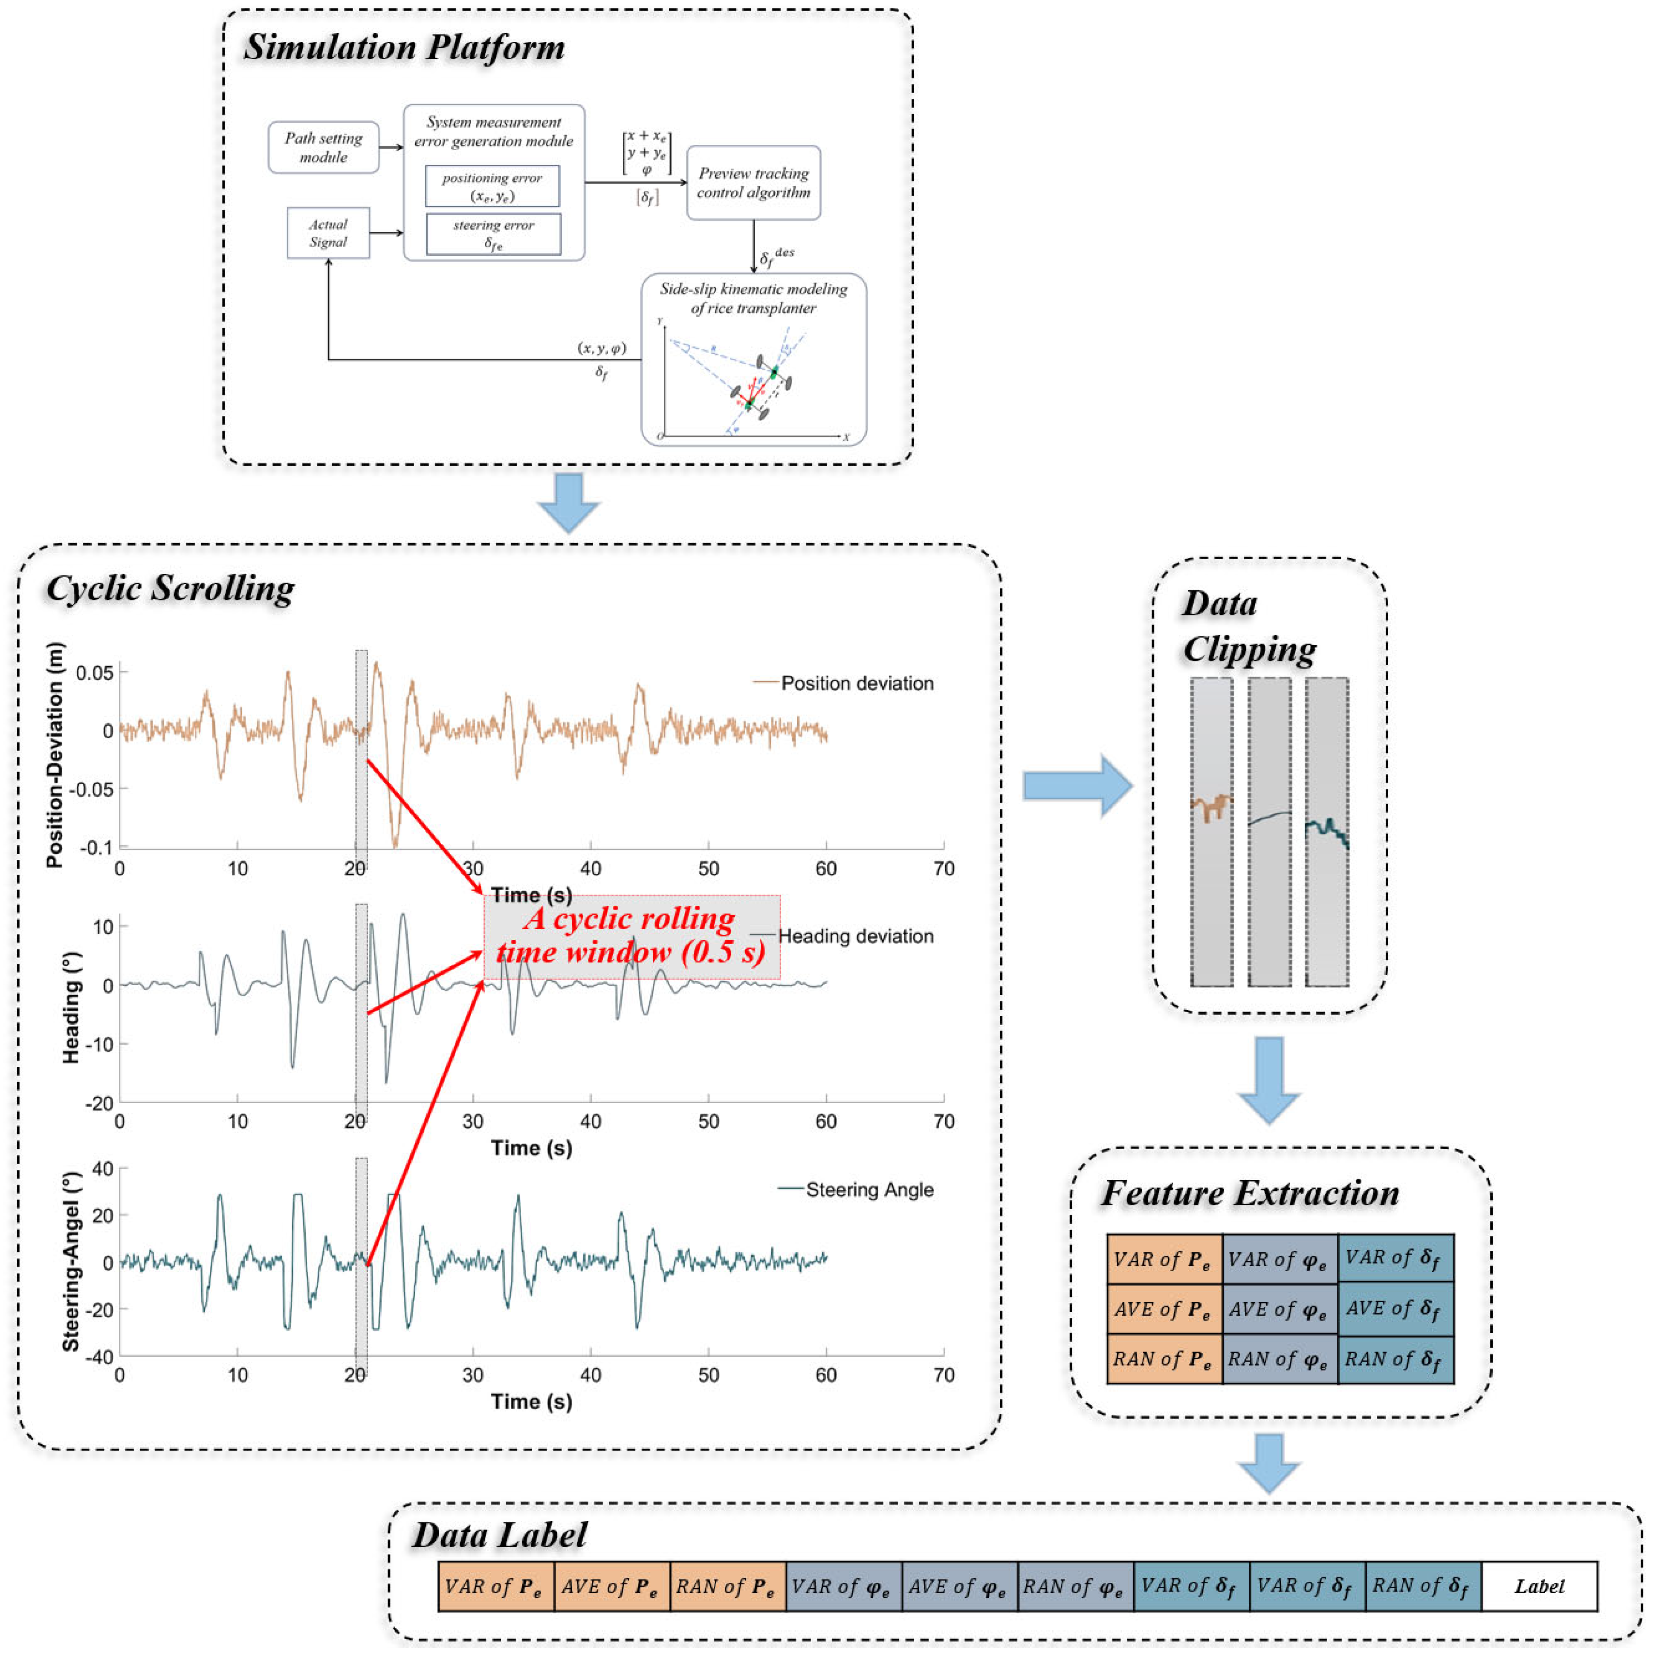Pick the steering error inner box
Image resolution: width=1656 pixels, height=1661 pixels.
[x=493, y=234]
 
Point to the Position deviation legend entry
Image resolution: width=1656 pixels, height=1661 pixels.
[x=856, y=684]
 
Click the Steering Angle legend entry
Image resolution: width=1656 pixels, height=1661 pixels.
[x=869, y=1190]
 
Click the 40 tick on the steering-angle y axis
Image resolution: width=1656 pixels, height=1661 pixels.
[x=102, y=1168]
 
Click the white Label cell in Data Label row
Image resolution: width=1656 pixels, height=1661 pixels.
[x=1538, y=1586]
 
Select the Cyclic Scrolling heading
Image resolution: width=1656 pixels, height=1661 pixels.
[x=170, y=589]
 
